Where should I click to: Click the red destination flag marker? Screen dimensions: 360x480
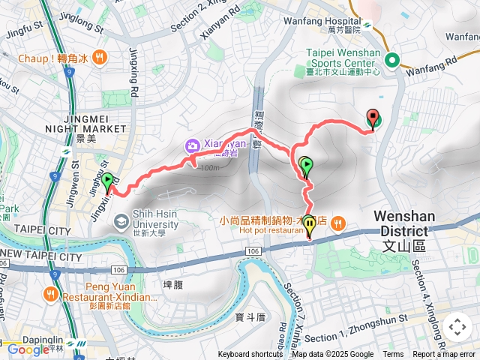(373, 118)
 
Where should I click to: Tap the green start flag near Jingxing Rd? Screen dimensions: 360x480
(108, 180)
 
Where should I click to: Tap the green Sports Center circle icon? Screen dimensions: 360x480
(391, 61)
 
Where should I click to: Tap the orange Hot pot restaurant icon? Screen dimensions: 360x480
(338, 223)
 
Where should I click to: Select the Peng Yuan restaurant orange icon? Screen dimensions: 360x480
(52, 293)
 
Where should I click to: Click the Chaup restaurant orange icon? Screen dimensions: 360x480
(100, 57)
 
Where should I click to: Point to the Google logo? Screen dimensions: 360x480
(28, 349)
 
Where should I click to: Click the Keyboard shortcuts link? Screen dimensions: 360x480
(250, 355)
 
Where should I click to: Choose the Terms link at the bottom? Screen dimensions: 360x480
(393, 355)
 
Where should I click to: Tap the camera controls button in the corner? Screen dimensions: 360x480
(457, 327)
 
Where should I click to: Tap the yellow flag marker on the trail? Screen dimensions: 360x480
(309, 227)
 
